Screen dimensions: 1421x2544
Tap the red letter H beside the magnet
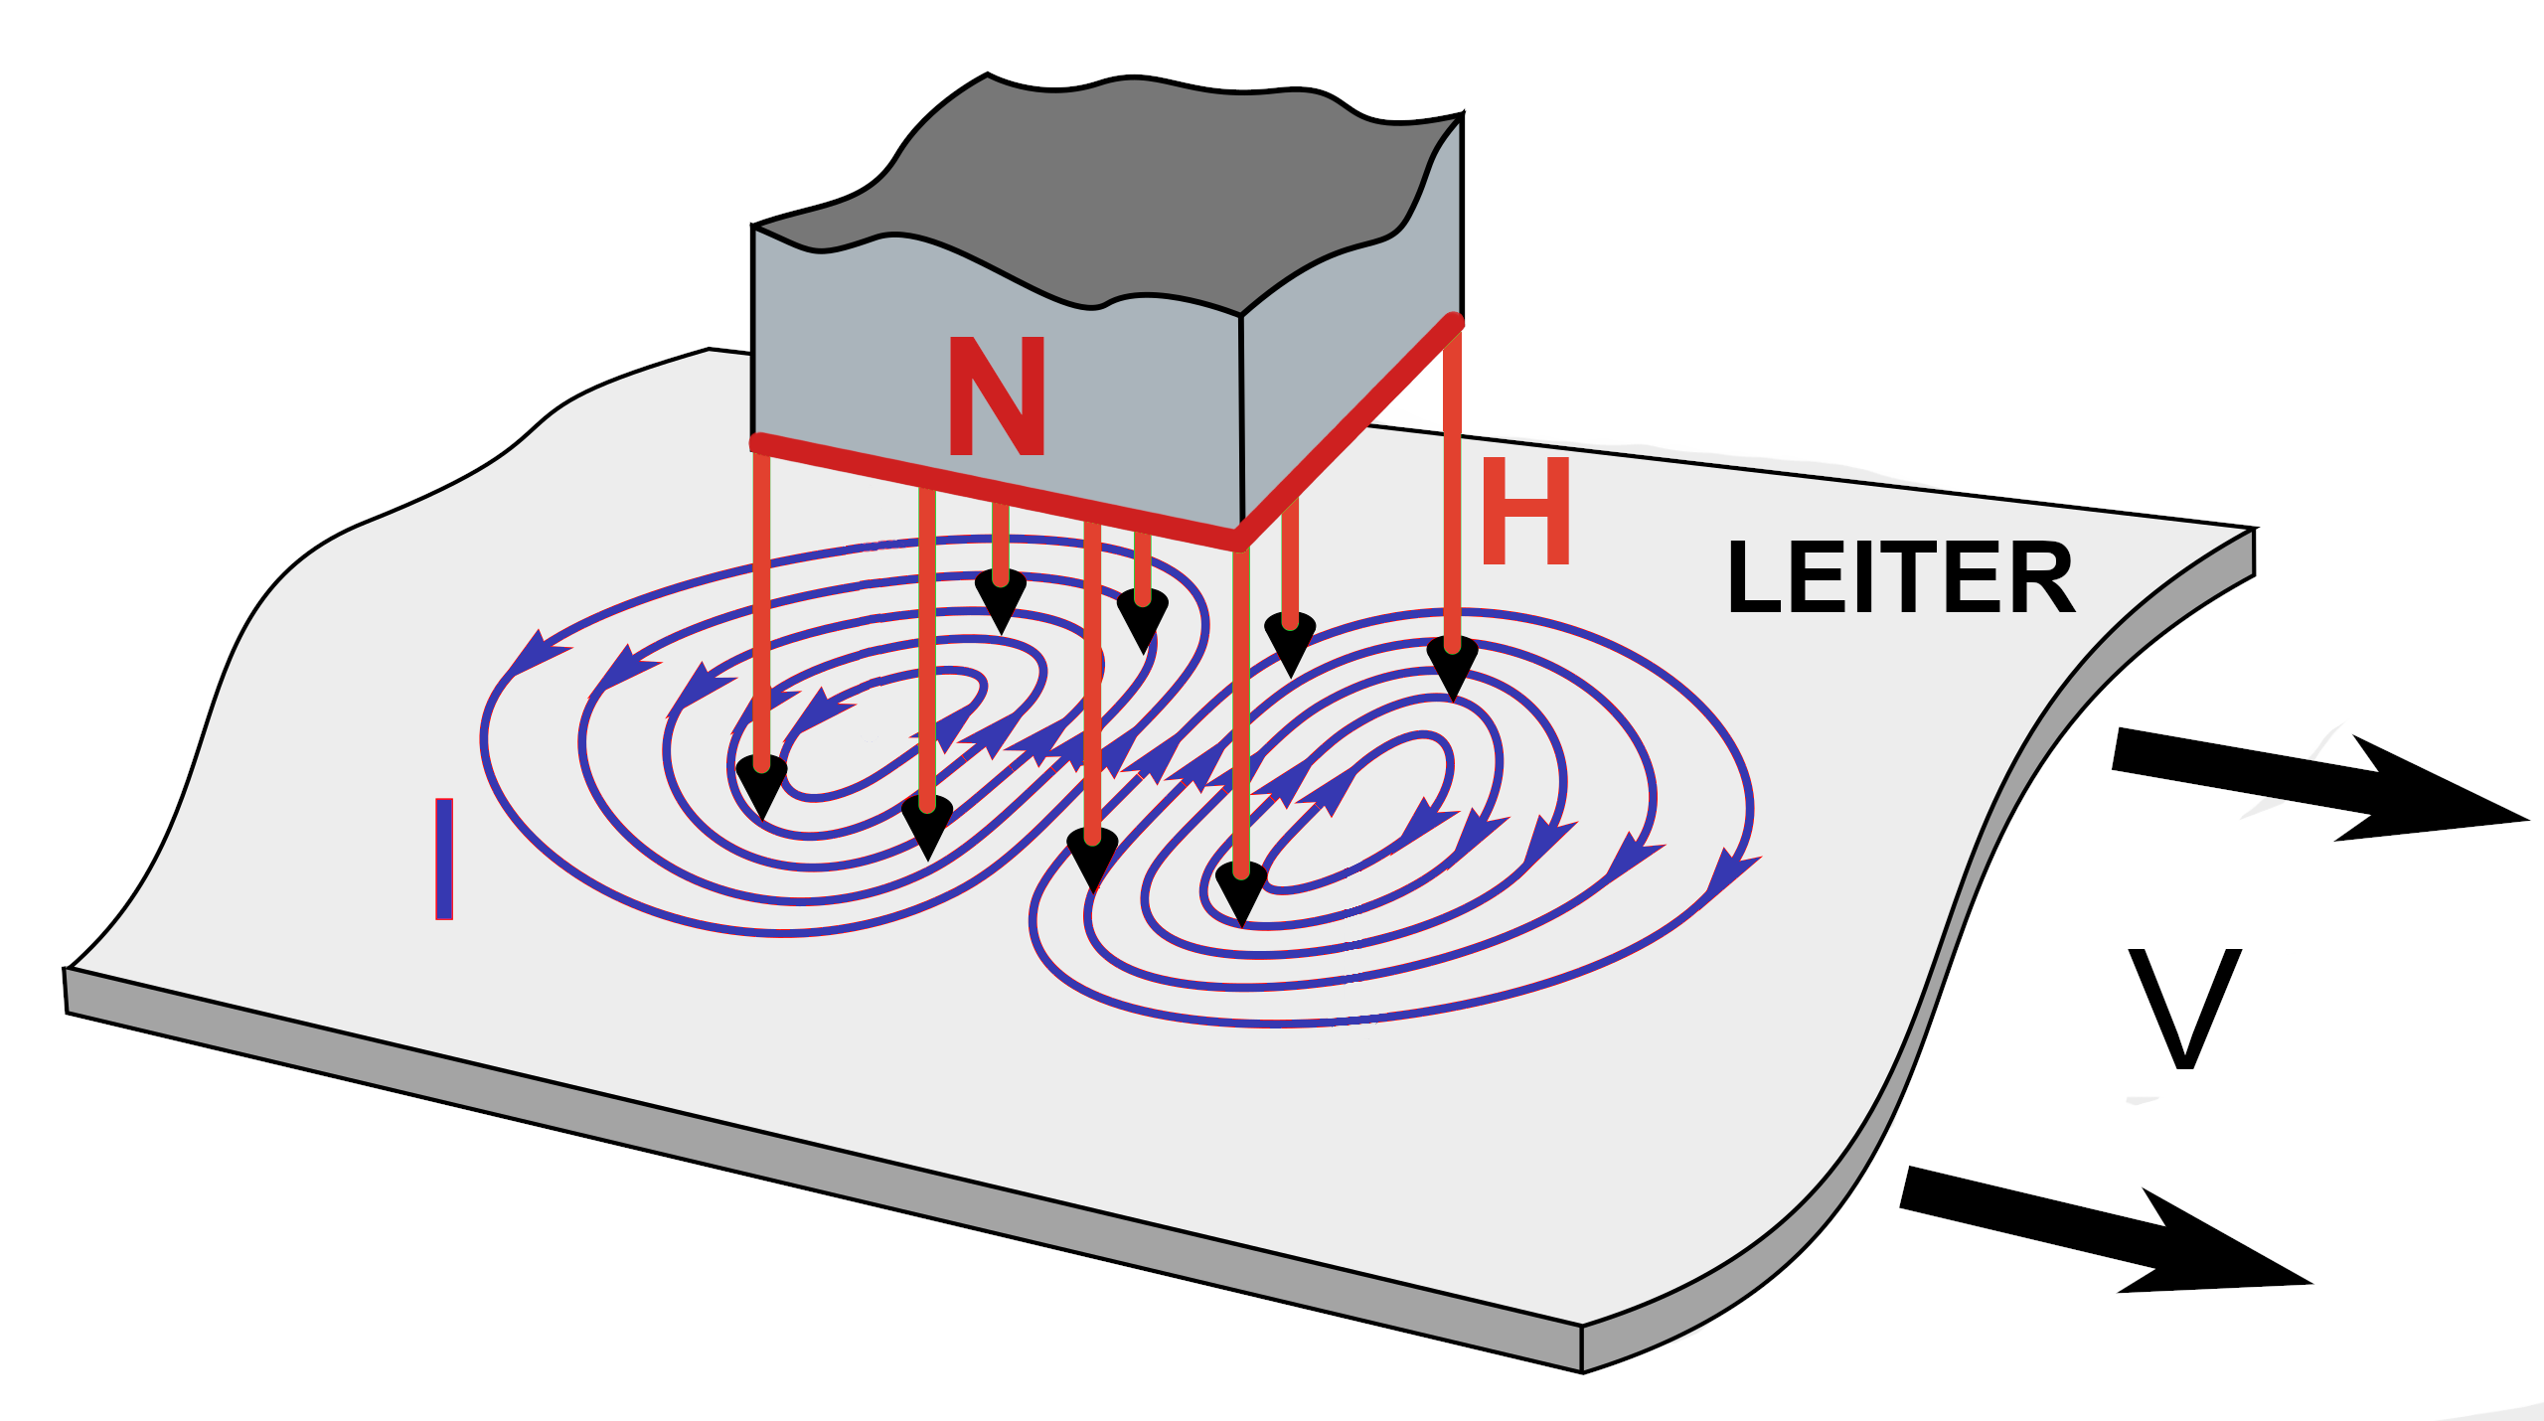1525,511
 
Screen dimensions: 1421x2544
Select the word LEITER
1900,577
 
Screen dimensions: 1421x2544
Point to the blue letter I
444,859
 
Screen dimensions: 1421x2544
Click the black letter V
2184,1008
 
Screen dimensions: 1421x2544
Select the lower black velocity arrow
2107,1232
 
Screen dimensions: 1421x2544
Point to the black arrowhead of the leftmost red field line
762,785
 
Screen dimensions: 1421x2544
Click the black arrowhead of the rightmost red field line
1453,668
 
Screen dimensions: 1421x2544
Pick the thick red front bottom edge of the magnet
994,491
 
